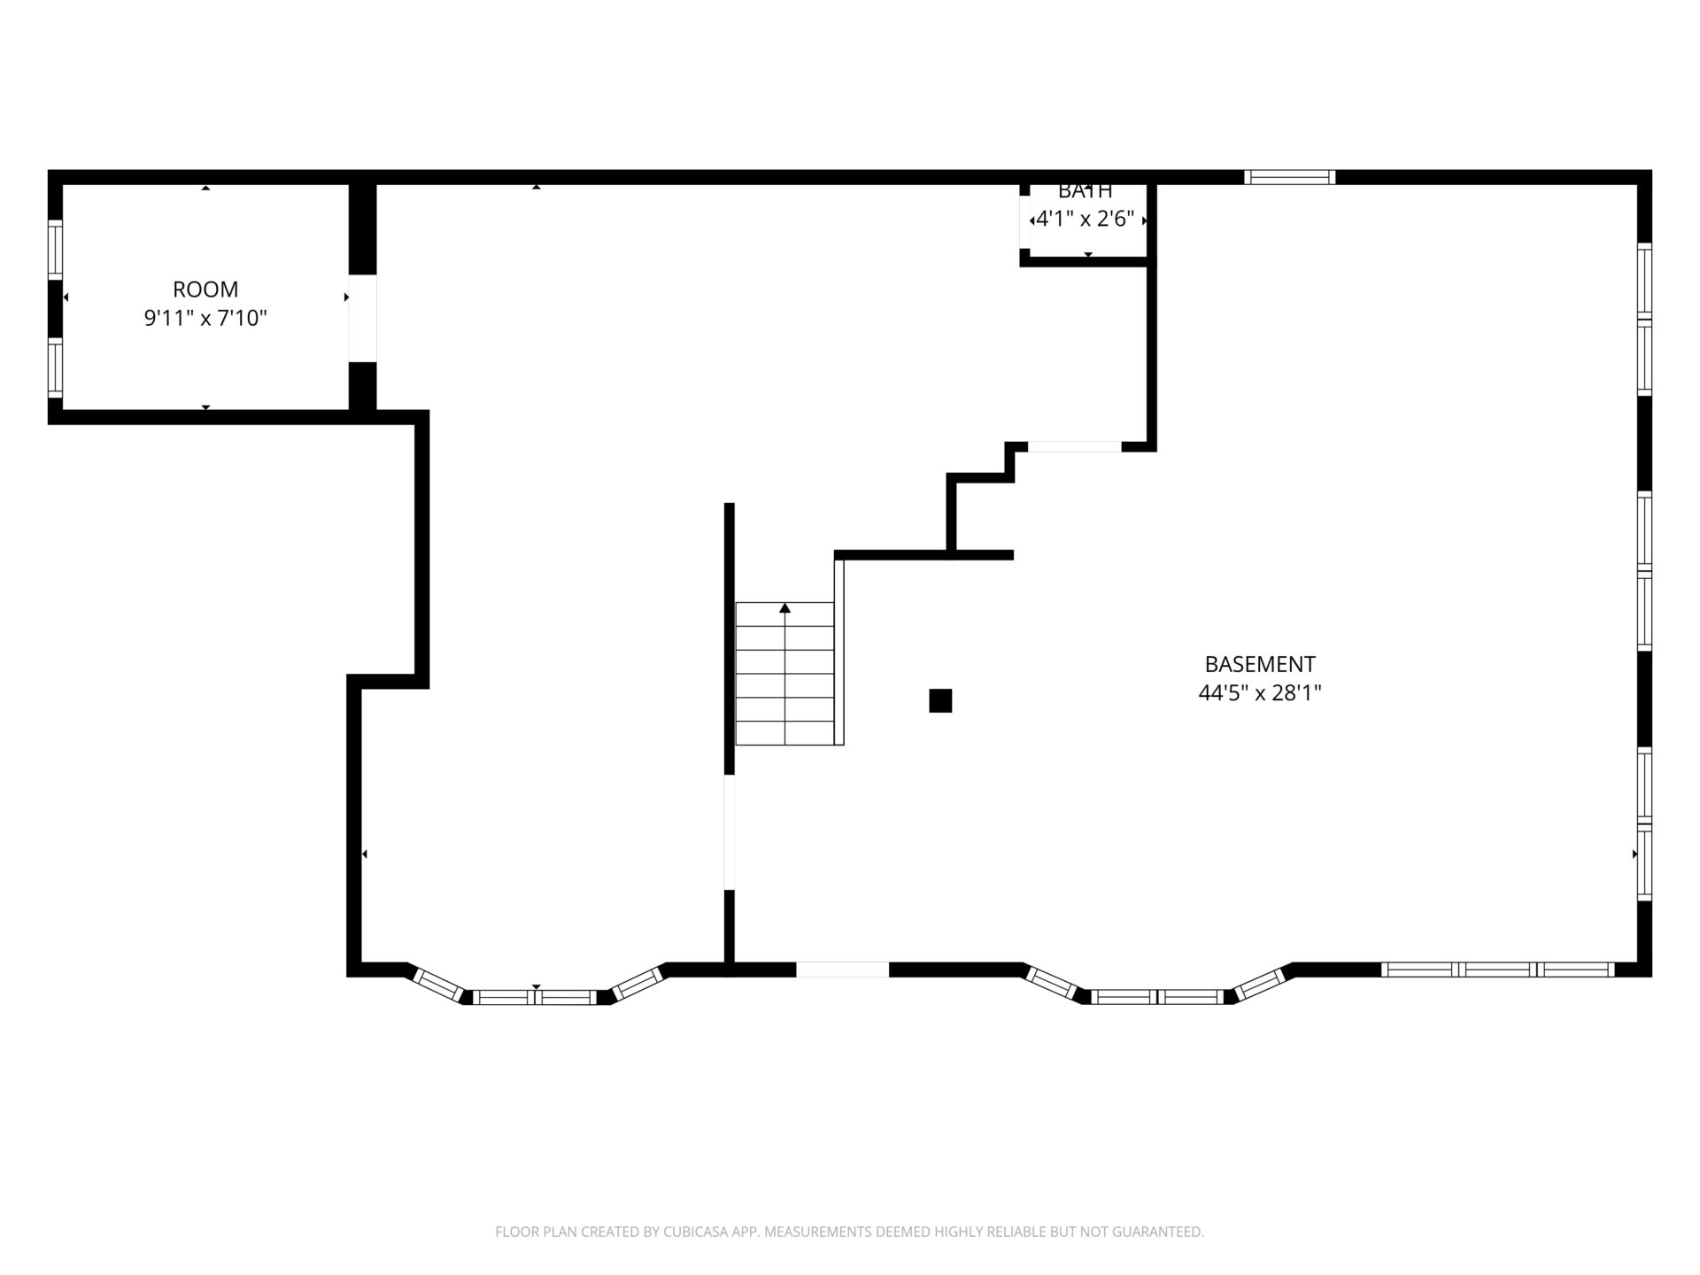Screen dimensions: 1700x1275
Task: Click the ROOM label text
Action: [205, 290]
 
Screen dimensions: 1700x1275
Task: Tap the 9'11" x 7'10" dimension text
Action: [205, 318]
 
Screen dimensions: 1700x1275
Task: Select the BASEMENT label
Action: [1260, 664]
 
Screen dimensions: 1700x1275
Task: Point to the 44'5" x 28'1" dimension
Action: [1260, 692]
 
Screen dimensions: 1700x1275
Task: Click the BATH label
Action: [1086, 190]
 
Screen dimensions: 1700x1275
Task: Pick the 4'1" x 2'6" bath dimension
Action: [1086, 219]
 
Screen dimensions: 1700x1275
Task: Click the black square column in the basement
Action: [940, 700]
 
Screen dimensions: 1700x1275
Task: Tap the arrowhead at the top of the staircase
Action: [784, 607]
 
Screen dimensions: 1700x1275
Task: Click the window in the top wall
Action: [1289, 177]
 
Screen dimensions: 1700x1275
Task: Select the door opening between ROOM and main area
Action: [362, 319]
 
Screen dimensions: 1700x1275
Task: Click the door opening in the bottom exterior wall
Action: [843, 970]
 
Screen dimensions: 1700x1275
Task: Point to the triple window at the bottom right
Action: [1498, 970]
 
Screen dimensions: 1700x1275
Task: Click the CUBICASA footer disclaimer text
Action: [850, 1232]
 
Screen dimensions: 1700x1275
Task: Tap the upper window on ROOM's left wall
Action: [55, 250]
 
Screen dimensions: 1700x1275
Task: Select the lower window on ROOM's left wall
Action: [55, 367]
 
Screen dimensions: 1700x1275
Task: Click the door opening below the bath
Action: [1075, 446]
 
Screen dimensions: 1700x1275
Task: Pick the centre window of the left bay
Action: [536, 997]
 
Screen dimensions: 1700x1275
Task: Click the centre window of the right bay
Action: [1156, 997]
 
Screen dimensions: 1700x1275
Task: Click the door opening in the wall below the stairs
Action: [730, 832]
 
